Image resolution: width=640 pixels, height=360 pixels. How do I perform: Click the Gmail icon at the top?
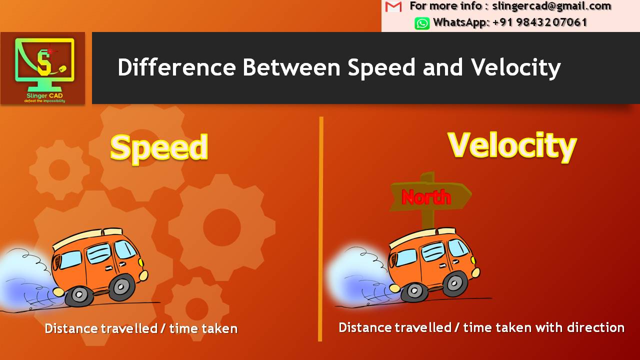[x=394, y=6]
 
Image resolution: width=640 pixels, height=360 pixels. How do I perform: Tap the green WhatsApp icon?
[x=422, y=23]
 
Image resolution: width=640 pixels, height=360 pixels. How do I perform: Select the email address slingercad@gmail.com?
[x=551, y=6]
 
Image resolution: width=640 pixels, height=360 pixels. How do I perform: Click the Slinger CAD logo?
[x=43, y=68]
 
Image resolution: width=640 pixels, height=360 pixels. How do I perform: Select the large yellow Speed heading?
[x=159, y=147]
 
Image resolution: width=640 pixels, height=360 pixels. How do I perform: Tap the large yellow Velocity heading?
[x=512, y=145]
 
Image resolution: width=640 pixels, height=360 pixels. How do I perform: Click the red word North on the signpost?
[x=426, y=197]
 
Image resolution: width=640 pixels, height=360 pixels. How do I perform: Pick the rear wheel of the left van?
[x=79, y=295]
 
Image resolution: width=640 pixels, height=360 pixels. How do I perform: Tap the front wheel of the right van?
[x=454, y=283]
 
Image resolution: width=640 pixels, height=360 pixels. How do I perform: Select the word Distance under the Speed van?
[x=71, y=328]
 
